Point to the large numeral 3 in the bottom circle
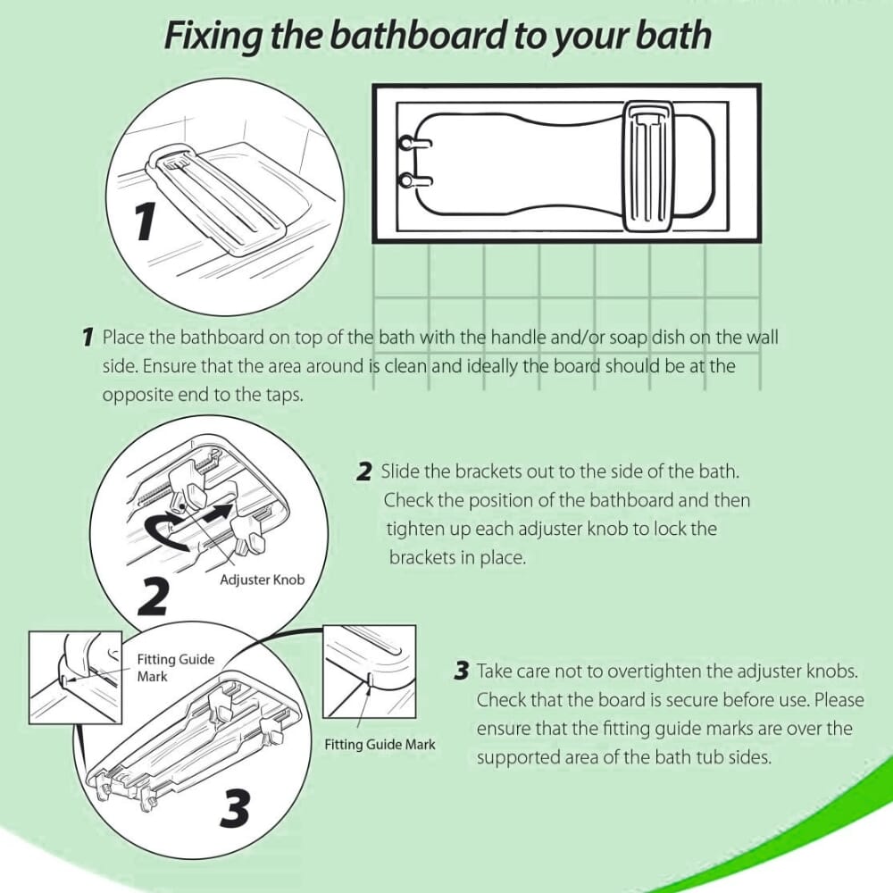(x=234, y=810)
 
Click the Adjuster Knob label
(x=262, y=580)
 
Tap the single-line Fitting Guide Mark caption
(x=380, y=744)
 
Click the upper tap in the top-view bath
(x=410, y=142)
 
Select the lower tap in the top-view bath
(x=410, y=181)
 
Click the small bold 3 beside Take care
(x=461, y=671)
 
